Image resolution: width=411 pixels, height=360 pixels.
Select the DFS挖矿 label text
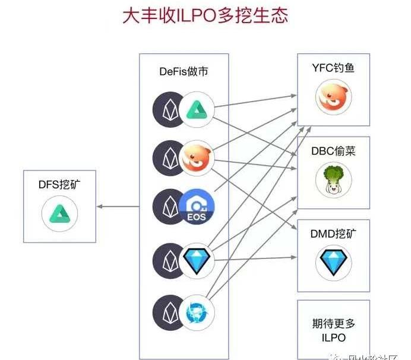click(x=58, y=185)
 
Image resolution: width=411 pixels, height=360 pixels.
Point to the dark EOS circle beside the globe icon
click(x=169, y=312)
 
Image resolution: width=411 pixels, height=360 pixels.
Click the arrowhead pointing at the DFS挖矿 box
click(x=100, y=207)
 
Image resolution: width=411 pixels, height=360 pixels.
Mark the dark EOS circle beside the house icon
click(x=169, y=206)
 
